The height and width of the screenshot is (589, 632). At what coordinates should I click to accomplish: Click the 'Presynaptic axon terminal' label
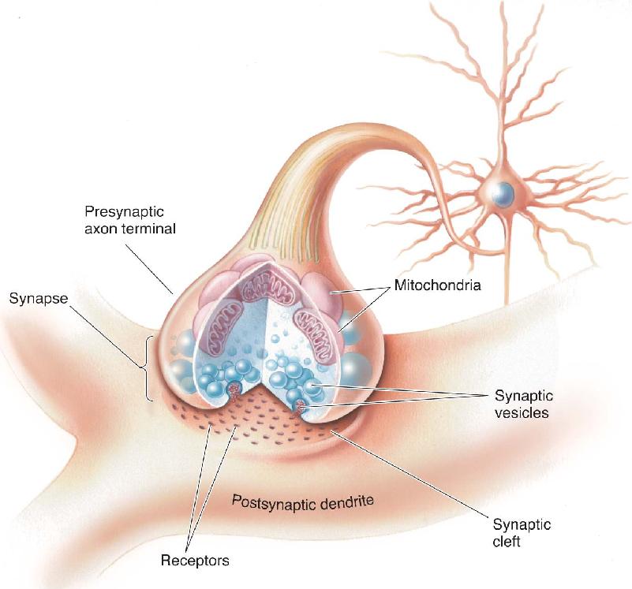click(129, 220)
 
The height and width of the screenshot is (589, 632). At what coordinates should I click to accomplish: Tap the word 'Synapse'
click(39, 299)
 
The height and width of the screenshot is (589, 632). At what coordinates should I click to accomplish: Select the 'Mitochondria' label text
click(437, 285)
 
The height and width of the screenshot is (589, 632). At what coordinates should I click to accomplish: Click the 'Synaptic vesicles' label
click(523, 404)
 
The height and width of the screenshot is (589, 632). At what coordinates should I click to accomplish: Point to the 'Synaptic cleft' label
click(522, 532)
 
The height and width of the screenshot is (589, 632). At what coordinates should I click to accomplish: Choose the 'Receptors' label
click(195, 560)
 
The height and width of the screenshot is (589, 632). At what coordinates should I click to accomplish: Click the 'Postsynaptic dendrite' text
click(303, 502)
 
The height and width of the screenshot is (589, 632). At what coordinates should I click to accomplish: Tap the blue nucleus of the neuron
click(503, 194)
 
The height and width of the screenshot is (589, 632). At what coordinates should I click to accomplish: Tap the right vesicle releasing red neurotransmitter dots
click(300, 407)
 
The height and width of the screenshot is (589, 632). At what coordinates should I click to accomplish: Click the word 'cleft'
click(507, 542)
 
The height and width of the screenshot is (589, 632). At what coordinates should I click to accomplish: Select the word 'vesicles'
click(522, 412)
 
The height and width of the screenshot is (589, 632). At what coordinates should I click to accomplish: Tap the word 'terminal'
click(149, 229)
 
